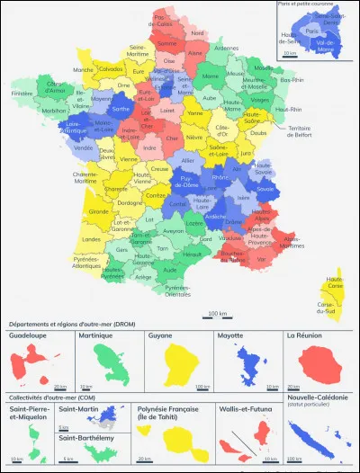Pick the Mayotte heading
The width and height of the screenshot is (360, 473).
232,335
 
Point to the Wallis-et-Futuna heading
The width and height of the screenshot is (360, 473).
245,407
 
